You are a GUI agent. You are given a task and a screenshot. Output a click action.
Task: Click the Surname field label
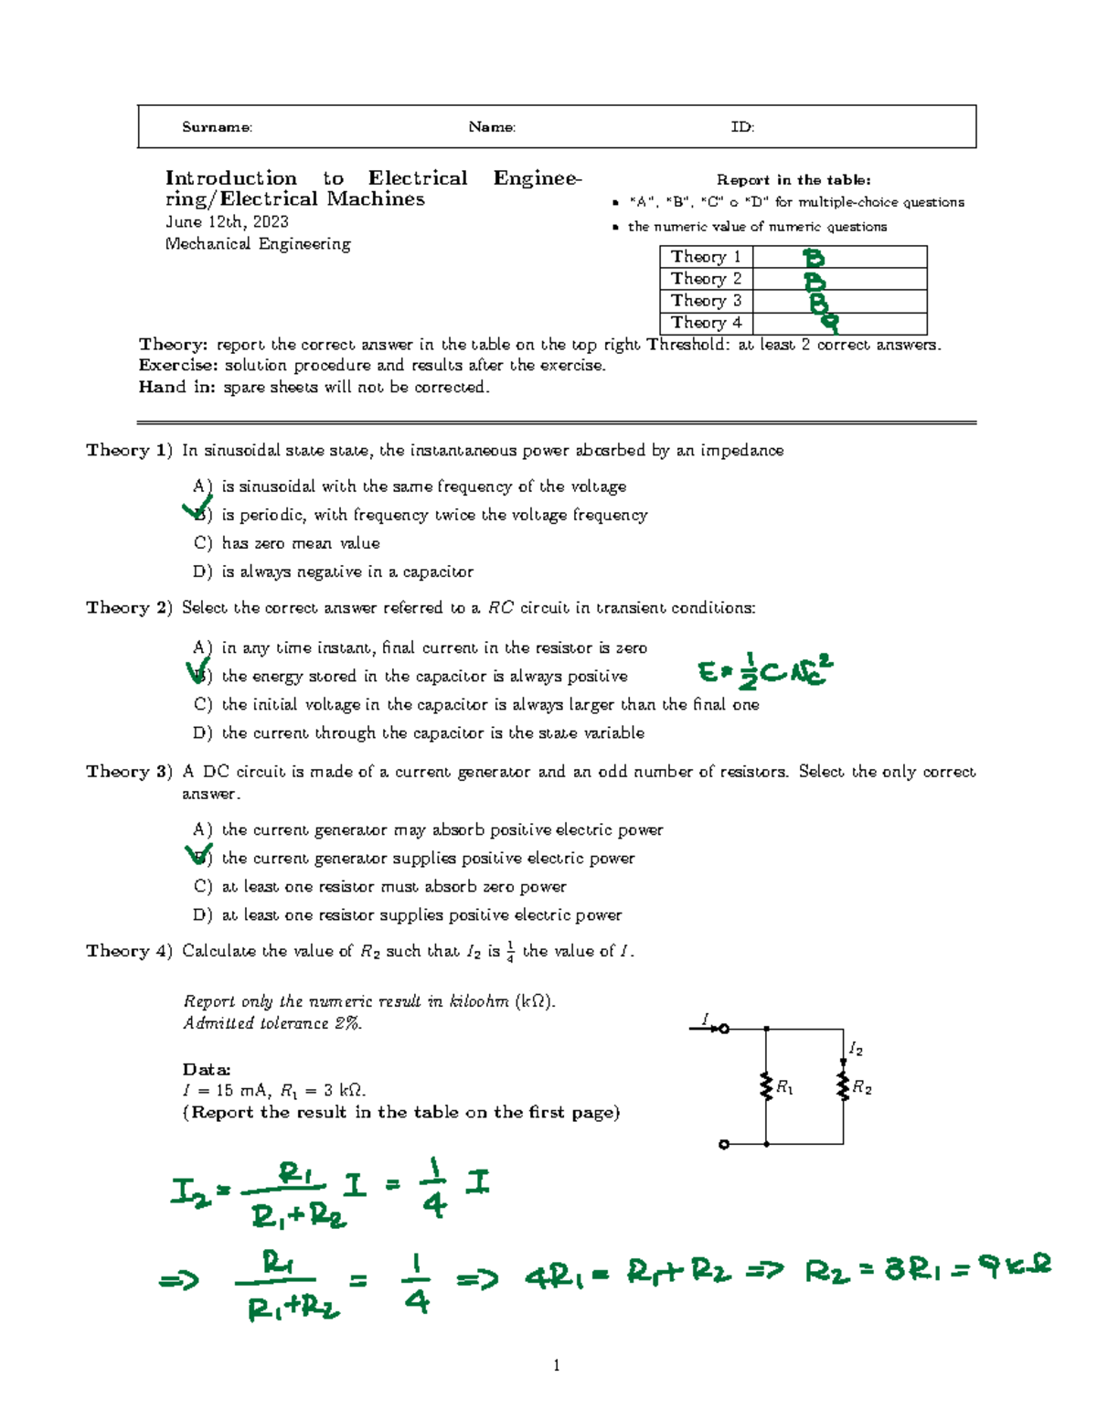coord(217,127)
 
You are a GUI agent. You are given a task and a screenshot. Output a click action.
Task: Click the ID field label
coord(742,127)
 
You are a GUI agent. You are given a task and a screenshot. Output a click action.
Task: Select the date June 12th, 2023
coord(227,222)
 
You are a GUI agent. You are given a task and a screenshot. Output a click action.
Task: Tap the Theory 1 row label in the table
coord(706,257)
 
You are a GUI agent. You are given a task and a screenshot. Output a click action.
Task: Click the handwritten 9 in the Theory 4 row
coord(829,322)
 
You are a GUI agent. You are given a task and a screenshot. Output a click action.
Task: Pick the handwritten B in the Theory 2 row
coord(814,281)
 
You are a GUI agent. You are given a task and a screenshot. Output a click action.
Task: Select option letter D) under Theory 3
coord(202,915)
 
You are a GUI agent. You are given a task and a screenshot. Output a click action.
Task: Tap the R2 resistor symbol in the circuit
coord(843,1085)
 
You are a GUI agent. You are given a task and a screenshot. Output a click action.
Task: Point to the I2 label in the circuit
coord(856,1049)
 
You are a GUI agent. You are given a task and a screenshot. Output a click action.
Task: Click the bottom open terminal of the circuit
coord(724,1144)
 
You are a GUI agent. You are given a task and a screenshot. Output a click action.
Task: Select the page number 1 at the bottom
coord(556,1365)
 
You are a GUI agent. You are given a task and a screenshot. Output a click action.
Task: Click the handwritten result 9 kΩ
coord(1014,1267)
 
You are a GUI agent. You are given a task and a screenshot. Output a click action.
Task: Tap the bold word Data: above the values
coord(207,1069)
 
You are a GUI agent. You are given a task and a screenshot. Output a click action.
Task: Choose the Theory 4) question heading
coord(129,951)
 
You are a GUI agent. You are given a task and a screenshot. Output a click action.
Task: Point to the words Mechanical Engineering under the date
coord(258,244)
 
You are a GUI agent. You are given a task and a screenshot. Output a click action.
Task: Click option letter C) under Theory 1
coord(202,543)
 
